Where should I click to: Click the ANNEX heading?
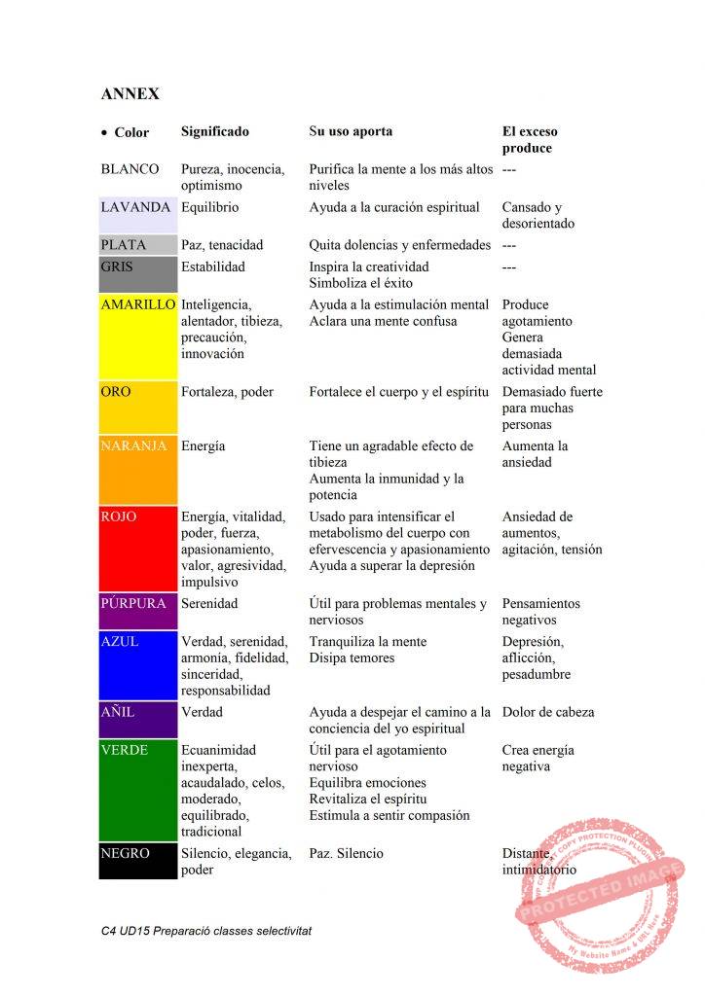pyautogui.click(x=130, y=94)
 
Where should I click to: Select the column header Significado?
pyautogui.click(x=215, y=131)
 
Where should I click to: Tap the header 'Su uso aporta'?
pyautogui.click(x=351, y=131)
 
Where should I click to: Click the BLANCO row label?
pyautogui.click(x=130, y=169)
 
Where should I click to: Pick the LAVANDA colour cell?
pyautogui.click(x=137, y=215)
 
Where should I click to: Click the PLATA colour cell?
pyautogui.click(x=137, y=245)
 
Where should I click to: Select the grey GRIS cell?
pyautogui.click(x=137, y=275)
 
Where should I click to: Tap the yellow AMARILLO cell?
pyautogui.click(x=137, y=337)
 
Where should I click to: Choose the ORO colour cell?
pyautogui.click(x=137, y=408)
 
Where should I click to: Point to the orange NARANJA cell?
pyautogui.click(x=137, y=471)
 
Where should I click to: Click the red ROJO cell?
pyautogui.click(x=137, y=549)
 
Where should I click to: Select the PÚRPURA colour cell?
pyautogui.click(x=137, y=612)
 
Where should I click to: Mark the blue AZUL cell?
pyautogui.click(x=137, y=665)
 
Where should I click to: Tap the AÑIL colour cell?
pyautogui.click(x=137, y=720)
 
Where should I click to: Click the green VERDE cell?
pyautogui.click(x=137, y=790)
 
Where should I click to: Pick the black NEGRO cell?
pyautogui.click(x=137, y=862)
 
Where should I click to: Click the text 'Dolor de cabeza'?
pyautogui.click(x=548, y=712)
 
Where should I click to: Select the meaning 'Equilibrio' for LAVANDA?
pyautogui.click(x=209, y=207)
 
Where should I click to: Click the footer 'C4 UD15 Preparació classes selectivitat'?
pyautogui.click(x=205, y=931)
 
